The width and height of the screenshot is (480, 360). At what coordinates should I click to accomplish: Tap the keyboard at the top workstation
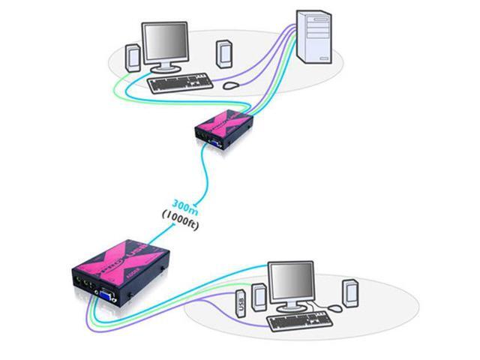click(179, 82)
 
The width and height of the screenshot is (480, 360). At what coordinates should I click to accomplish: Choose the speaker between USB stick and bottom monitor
click(258, 295)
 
